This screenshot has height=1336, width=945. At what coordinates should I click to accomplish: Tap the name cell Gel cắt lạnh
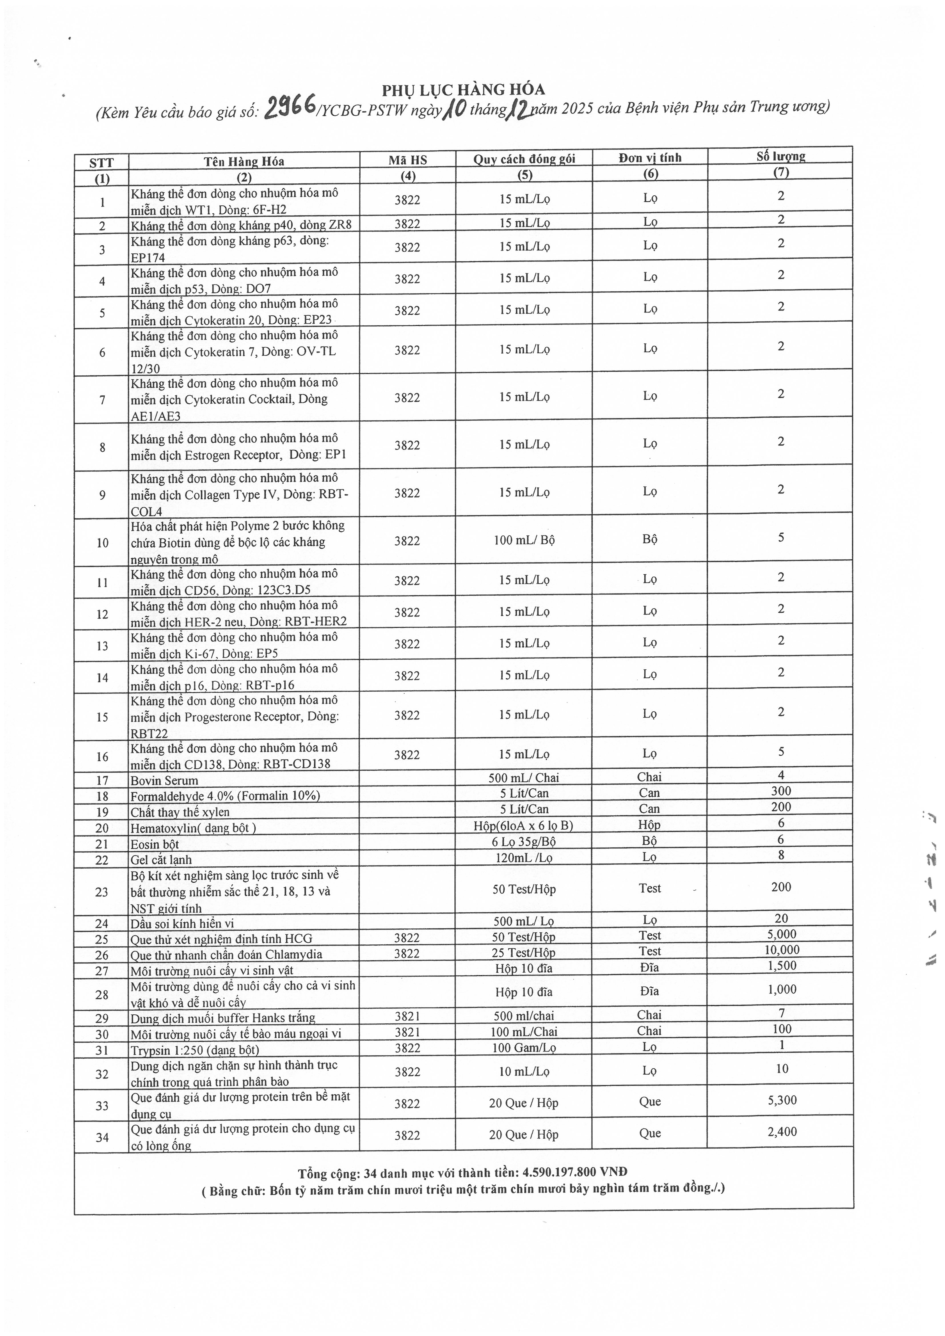[x=161, y=860]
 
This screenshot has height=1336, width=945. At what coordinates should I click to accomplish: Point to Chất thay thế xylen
[x=180, y=812]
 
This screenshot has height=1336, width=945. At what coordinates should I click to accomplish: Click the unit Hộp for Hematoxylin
[x=649, y=825]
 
